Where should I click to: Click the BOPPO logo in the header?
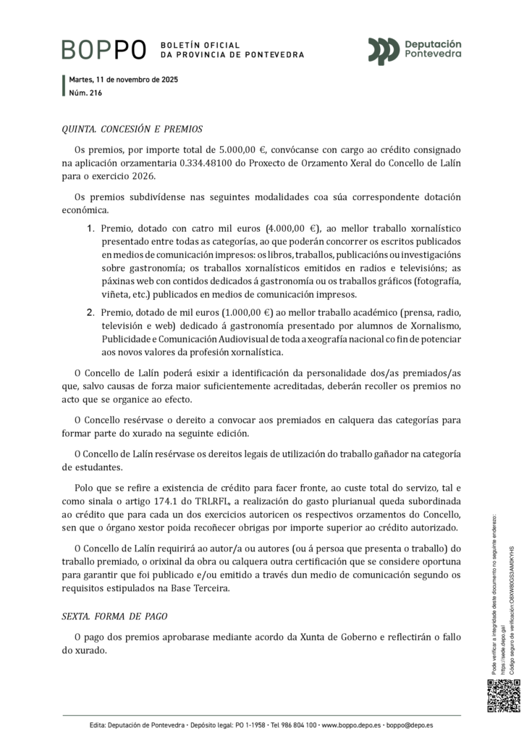pos(104,49)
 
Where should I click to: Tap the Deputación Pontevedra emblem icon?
pos(384,50)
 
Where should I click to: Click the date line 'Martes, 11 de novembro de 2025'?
pos(124,80)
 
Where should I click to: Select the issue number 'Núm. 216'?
pos(85,93)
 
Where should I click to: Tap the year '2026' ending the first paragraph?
pos(141,175)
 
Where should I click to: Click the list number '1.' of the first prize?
pos(91,229)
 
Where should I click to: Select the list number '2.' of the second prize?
pos(91,313)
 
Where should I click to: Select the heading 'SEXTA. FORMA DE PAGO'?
pos(114,616)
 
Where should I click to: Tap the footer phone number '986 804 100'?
pos(294,725)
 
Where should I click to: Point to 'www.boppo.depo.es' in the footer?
pos(350,725)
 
